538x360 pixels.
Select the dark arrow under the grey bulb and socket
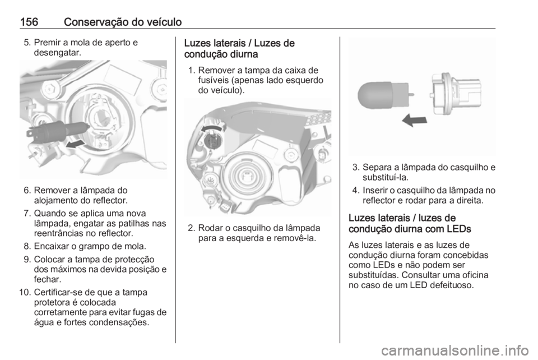tap(414, 119)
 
